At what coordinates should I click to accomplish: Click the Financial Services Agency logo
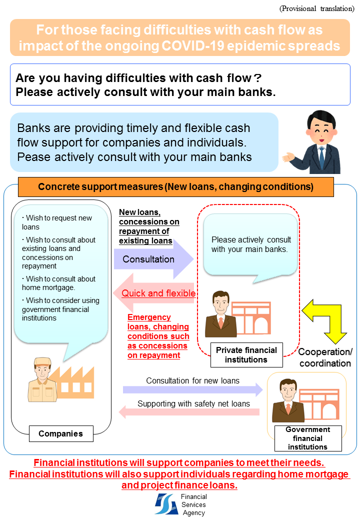click(x=165, y=504)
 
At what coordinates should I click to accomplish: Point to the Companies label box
click(x=60, y=433)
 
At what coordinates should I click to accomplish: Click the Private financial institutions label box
click(x=245, y=355)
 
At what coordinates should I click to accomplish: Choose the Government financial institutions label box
click(x=307, y=438)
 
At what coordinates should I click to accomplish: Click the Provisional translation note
click(x=316, y=8)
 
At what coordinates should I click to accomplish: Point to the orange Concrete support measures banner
click(x=175, y=187)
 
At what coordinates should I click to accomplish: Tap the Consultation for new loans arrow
click(x=192, y=388)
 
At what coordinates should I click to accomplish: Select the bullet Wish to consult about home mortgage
click(x=58, y=283)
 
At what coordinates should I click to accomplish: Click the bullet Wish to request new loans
click(x=57, y=222)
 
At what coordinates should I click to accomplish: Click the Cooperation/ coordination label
click(x=325, y=357)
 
